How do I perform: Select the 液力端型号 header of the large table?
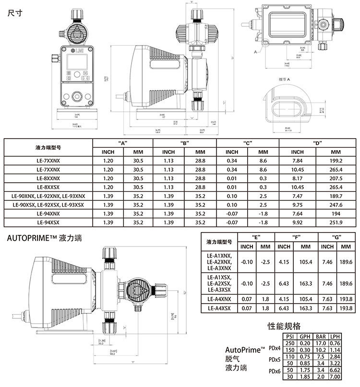(48, 148)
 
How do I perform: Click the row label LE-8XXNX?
(48, 178)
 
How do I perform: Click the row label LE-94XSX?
(48, 222)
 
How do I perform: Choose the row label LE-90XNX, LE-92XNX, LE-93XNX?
(48, 196)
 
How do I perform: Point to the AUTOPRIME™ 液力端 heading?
(43, 238)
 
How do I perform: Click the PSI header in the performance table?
(289, 337)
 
